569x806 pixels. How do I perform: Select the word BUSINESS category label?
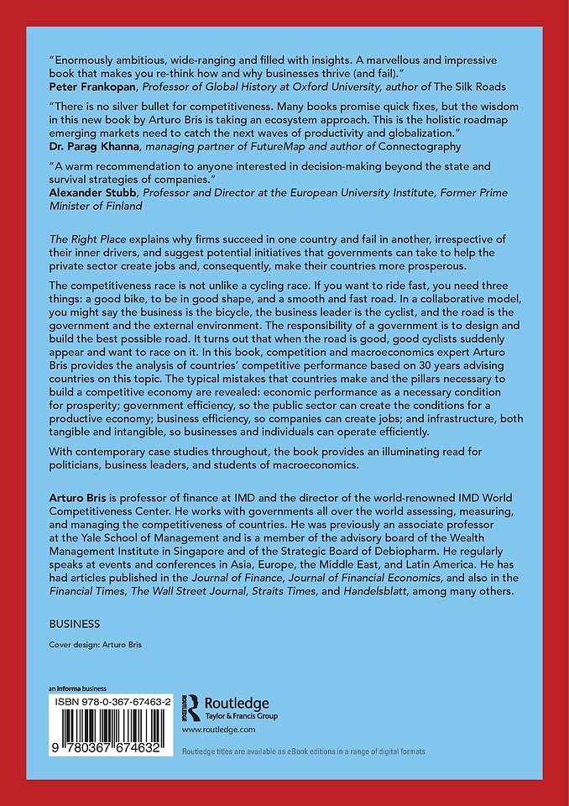pyautogui.click(x=75, y=624)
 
